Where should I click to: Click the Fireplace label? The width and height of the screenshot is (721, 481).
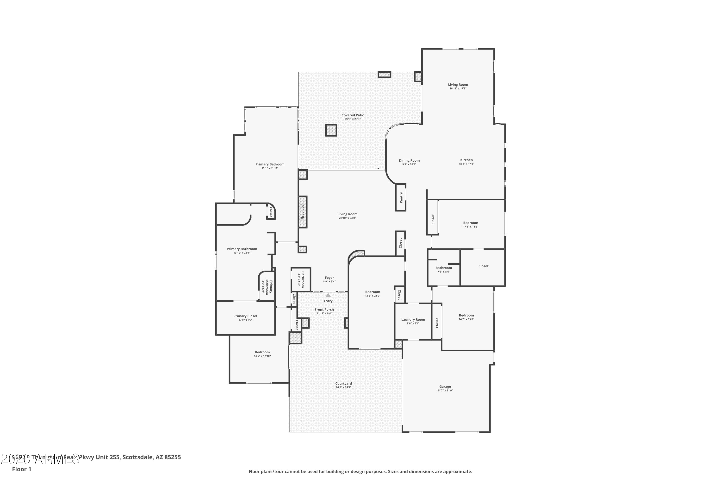pyautogui.click(x=303, y=212)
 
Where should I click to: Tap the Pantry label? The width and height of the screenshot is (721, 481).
pyautogui.click(x=401, y=197)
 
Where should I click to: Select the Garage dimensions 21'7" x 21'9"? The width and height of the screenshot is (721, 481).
pyautogui.click(x=445, y=391)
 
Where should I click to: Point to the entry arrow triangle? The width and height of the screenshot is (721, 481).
pyautogui.click(x=328, y=295)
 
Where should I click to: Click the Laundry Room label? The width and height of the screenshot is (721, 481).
pyautogui.click(x=413, y=320)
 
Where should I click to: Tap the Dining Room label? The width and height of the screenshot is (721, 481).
pyautogui.click(x=409, y=160)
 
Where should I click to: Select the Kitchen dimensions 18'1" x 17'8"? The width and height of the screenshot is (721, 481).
pyautogui.click(x=466, y=164)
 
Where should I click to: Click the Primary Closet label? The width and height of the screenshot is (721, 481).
pyautogui.click(x=245, y=316)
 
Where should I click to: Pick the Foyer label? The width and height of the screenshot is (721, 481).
pyautogui.click(x=329, y=278)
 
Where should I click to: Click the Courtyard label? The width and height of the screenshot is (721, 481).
pyautogui.click(x=343, y=383)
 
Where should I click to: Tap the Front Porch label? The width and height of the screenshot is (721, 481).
pyautogui.click(x=324, y=310)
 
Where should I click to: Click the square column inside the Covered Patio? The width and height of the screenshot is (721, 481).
pyautogui.click(x=331, y=130)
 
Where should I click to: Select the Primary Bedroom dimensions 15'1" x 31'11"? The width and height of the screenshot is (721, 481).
pyautogui.click(x=270, y=168)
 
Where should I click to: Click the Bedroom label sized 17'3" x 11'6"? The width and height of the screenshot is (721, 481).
pyautogui.click(x=470, y=223)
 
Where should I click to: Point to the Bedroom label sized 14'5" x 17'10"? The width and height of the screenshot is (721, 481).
pyautogui.click(x=262, y=352)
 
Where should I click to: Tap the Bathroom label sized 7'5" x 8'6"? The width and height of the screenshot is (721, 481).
pyautogui.click(x=444, y=268)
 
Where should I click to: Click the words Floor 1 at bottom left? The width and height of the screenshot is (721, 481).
pyautogui.click(x=21, y=469)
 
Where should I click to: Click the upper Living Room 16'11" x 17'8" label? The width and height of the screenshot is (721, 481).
pyautogui.click(x=458, y=85)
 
